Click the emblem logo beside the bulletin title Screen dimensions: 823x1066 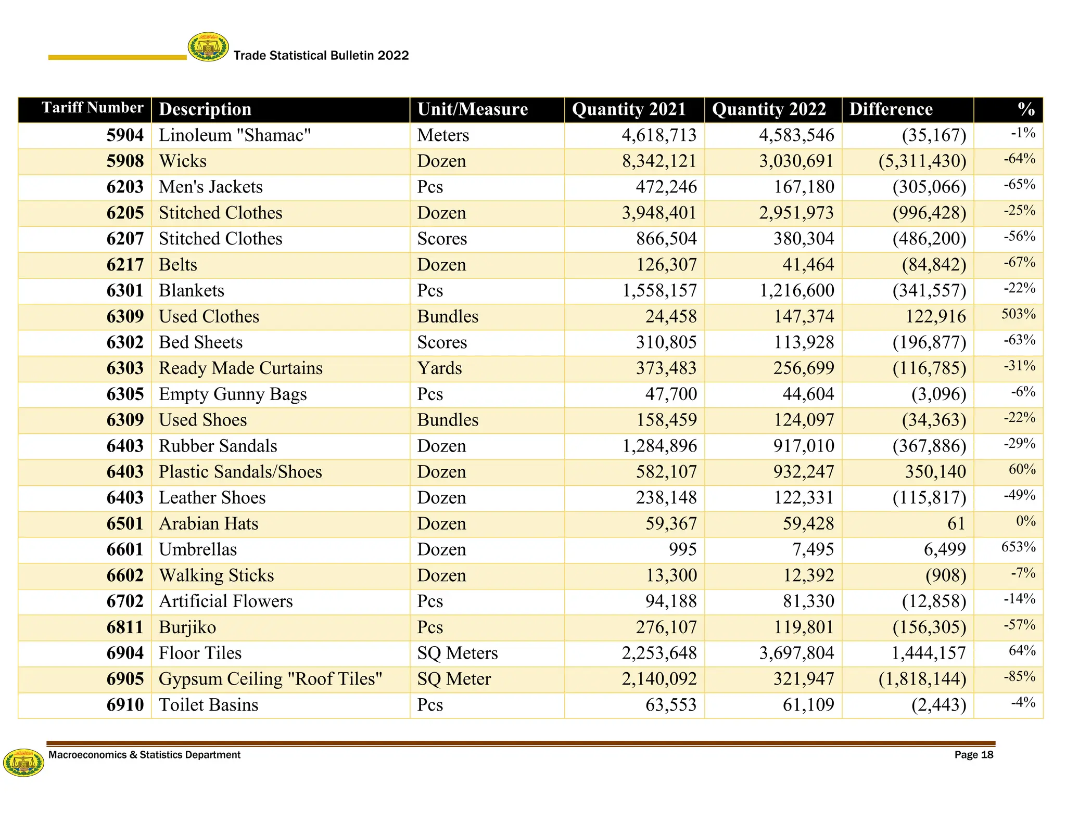pos(208,47)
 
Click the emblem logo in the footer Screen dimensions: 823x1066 pos(23,763)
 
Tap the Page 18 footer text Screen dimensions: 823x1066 pos(973,755)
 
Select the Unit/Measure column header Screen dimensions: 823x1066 pos(472,109)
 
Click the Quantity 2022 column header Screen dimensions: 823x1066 pos(768,109)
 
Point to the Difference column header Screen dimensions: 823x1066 pos(891,109)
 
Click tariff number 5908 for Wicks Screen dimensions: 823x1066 pos(125,161)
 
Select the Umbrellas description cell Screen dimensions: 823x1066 pos(198,549)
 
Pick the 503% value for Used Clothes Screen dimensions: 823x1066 pos(1018,314)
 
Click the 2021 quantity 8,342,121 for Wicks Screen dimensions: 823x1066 pos(659,161)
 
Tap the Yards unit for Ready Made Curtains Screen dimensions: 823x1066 pos(439,368)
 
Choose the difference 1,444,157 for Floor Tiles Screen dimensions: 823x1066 pos(929,653)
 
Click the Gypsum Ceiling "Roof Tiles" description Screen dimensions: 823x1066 pos(271,679)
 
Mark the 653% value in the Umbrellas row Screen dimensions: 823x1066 pos(1018,547)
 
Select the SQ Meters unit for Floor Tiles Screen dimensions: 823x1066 pos(457,653)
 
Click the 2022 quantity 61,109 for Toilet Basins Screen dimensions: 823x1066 pos(808,705)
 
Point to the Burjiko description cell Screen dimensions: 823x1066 pos(187,627)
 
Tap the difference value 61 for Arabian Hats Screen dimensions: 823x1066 pos(956,523)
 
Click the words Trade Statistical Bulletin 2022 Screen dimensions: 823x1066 pos(321,56)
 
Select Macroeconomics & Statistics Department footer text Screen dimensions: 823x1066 pos(144,755)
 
